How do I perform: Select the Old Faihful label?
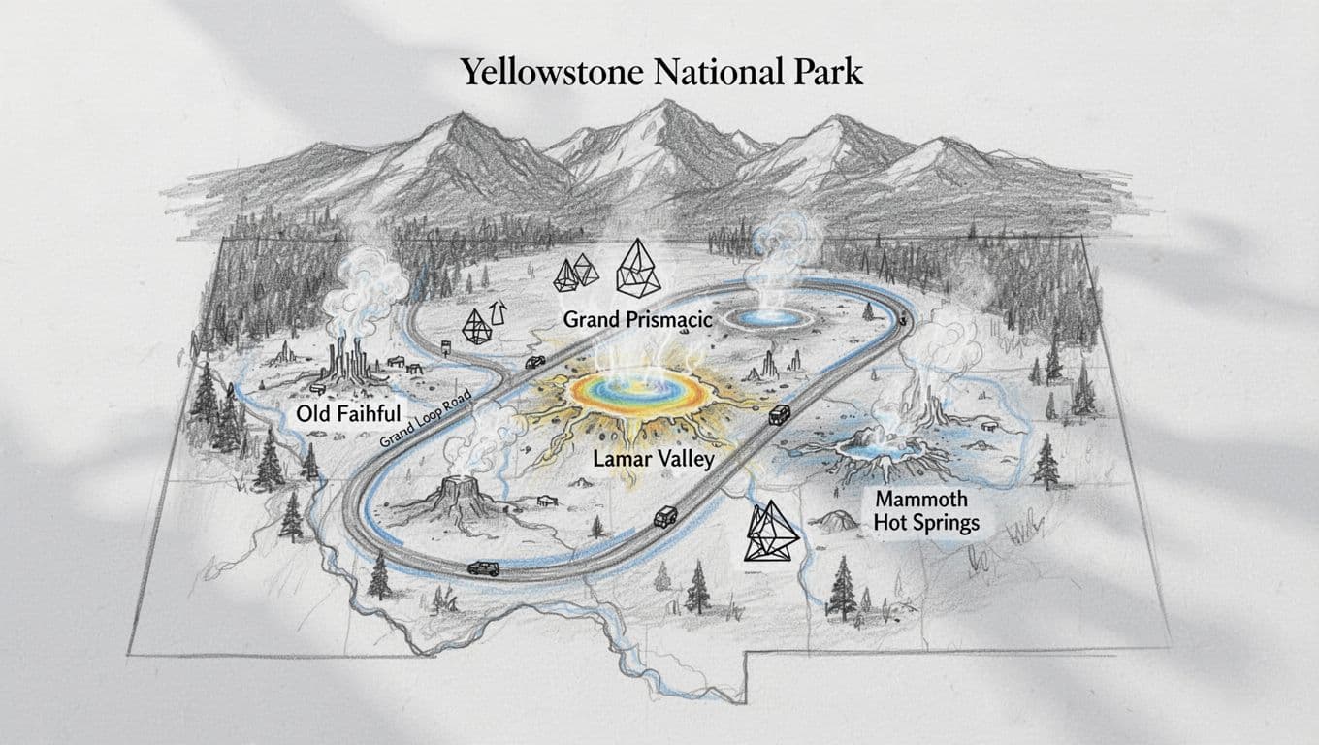[x=347, y=415]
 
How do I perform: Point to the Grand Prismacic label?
[x=638, y=318]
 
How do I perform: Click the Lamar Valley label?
[x=653, y=459]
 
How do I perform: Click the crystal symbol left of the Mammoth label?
[x=772, y=534]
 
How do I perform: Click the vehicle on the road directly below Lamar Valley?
[x=666, y=516]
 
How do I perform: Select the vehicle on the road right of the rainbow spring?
[x=778, y=416]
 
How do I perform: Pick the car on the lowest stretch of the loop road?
[x=482, y=567]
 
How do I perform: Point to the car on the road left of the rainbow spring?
[x=533, y=362]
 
